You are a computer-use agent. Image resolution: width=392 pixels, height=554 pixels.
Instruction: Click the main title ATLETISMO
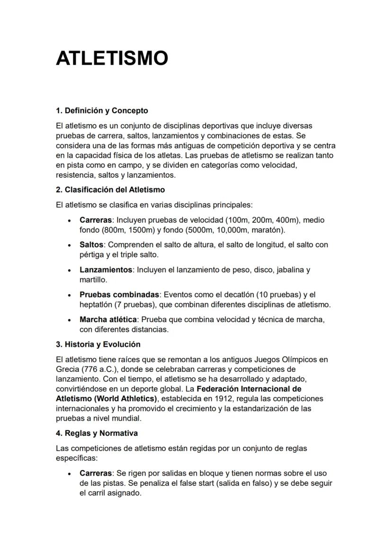112,59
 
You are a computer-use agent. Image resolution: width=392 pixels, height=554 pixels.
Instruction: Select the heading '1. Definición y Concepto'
102,111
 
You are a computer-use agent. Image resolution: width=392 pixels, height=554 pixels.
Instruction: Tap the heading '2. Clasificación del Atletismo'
110,190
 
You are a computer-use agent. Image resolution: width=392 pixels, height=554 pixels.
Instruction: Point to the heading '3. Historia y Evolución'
98,344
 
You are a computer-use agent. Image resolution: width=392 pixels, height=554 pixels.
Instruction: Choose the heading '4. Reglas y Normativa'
97,433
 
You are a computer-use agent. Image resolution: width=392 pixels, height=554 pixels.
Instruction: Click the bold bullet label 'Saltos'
91,245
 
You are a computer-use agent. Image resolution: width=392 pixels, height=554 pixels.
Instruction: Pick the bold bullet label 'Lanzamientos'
106,270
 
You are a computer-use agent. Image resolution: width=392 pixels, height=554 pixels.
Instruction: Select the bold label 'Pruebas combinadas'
119,295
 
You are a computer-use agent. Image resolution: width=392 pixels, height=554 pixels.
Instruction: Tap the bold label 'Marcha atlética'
108,319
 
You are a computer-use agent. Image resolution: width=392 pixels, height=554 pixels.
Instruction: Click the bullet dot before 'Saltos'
70,246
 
